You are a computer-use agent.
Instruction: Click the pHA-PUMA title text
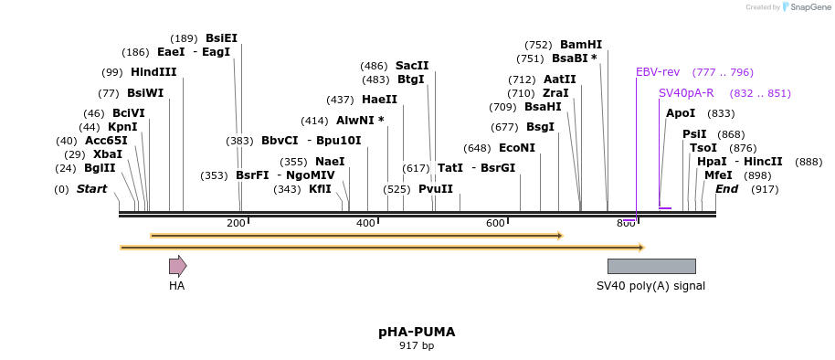417,332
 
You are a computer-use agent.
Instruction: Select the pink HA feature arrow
177,266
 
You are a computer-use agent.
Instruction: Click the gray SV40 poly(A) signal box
651,266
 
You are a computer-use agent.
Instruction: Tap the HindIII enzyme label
153,72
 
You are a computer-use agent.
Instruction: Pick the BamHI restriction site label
581,45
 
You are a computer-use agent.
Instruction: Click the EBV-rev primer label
658,72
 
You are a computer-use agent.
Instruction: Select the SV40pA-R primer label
686,93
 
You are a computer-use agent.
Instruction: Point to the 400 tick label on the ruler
365,224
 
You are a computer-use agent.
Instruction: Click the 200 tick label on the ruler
236,224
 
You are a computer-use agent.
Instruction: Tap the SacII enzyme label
412,66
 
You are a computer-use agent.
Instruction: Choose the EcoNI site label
517,148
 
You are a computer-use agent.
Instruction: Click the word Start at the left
91,189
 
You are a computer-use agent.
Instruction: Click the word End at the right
726,189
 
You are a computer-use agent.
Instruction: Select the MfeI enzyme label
718,175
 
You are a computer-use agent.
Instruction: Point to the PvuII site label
436,189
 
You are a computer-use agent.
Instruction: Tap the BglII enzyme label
100,168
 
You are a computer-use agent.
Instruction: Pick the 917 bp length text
417,345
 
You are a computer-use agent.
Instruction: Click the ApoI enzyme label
681,113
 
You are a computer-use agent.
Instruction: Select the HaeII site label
379,100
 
